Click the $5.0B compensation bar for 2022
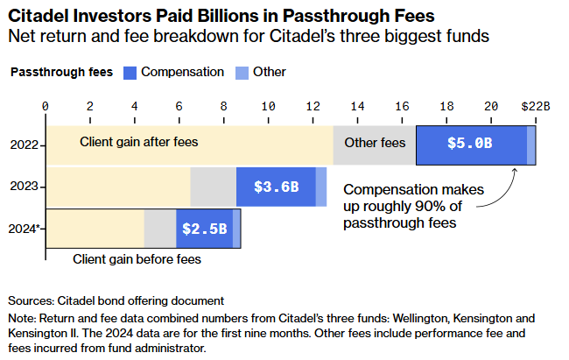tap(471, 145)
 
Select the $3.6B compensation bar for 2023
tap(276, 187)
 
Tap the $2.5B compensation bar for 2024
tap(204, 229)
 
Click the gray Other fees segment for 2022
tap(374, 145)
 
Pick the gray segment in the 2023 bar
tap(213, 187)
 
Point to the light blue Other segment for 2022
tap(531, 145)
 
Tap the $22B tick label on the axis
tap(535, 105)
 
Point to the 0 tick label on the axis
tap(46, 105)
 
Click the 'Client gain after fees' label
tap(140, 141)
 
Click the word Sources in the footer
tap(32, 300)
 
